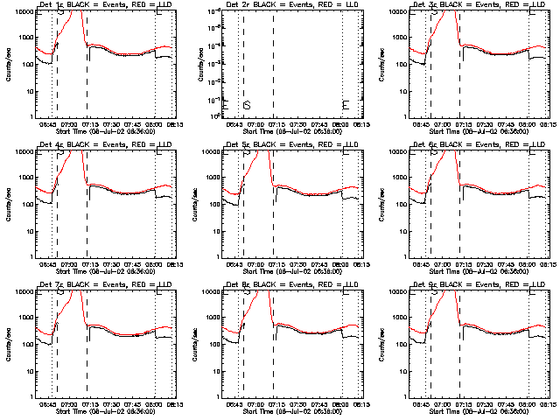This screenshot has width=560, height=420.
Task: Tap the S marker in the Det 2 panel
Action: click(247, 105)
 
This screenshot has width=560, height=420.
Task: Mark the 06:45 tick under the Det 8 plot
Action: click(234, 403)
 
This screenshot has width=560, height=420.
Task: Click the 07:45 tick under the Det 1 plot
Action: click(134, 123)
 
